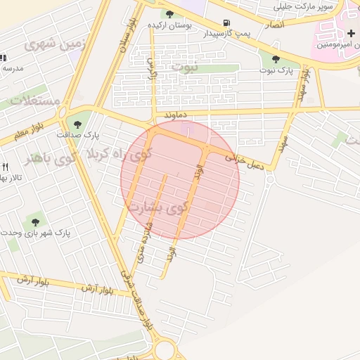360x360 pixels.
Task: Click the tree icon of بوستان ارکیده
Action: (x=169, y=13)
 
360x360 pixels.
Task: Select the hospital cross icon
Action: (x=351, y=34)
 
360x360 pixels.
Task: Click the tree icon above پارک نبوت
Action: (x=275, y=60)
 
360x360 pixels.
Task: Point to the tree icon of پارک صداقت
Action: (x=77, y=124)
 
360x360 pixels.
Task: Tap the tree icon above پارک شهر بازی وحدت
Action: (x=35, y=222)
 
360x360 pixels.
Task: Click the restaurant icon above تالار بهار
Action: (x=5, y=167)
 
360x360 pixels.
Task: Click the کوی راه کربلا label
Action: (x=115, y=153)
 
